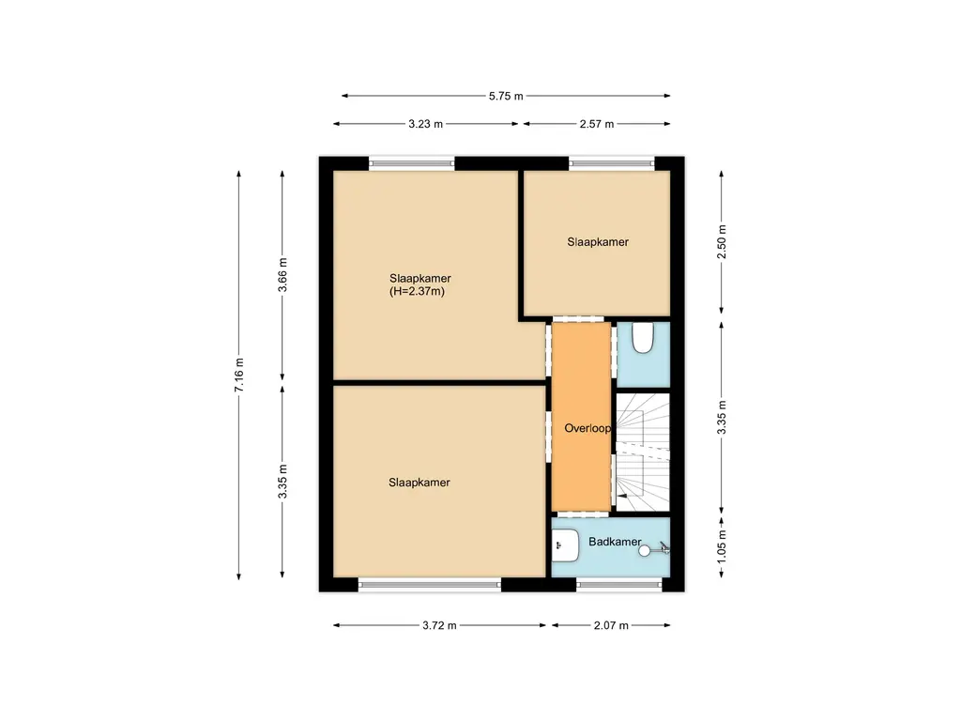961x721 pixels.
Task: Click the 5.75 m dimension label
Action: (506, 96)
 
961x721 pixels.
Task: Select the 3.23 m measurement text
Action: (425, 124)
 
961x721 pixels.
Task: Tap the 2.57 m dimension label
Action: (597, 124)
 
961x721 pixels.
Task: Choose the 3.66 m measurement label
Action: (283, 275)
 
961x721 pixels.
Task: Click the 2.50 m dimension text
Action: (721, 242)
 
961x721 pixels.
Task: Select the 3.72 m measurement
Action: (439, 625)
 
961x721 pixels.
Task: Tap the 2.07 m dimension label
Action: (611, 625)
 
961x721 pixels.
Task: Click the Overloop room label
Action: (587, 428)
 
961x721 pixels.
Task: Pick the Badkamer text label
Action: (615, 542)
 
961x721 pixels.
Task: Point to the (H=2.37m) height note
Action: (416, 292)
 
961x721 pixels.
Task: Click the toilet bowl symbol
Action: (643, 339)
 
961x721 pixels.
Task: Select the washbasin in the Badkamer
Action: (565, 544)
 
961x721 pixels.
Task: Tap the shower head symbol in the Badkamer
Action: (645, 551)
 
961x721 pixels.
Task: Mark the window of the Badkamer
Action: (618, 584)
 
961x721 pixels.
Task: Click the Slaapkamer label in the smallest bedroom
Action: (597, 241)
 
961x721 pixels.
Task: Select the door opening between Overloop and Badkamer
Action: (581, 514)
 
